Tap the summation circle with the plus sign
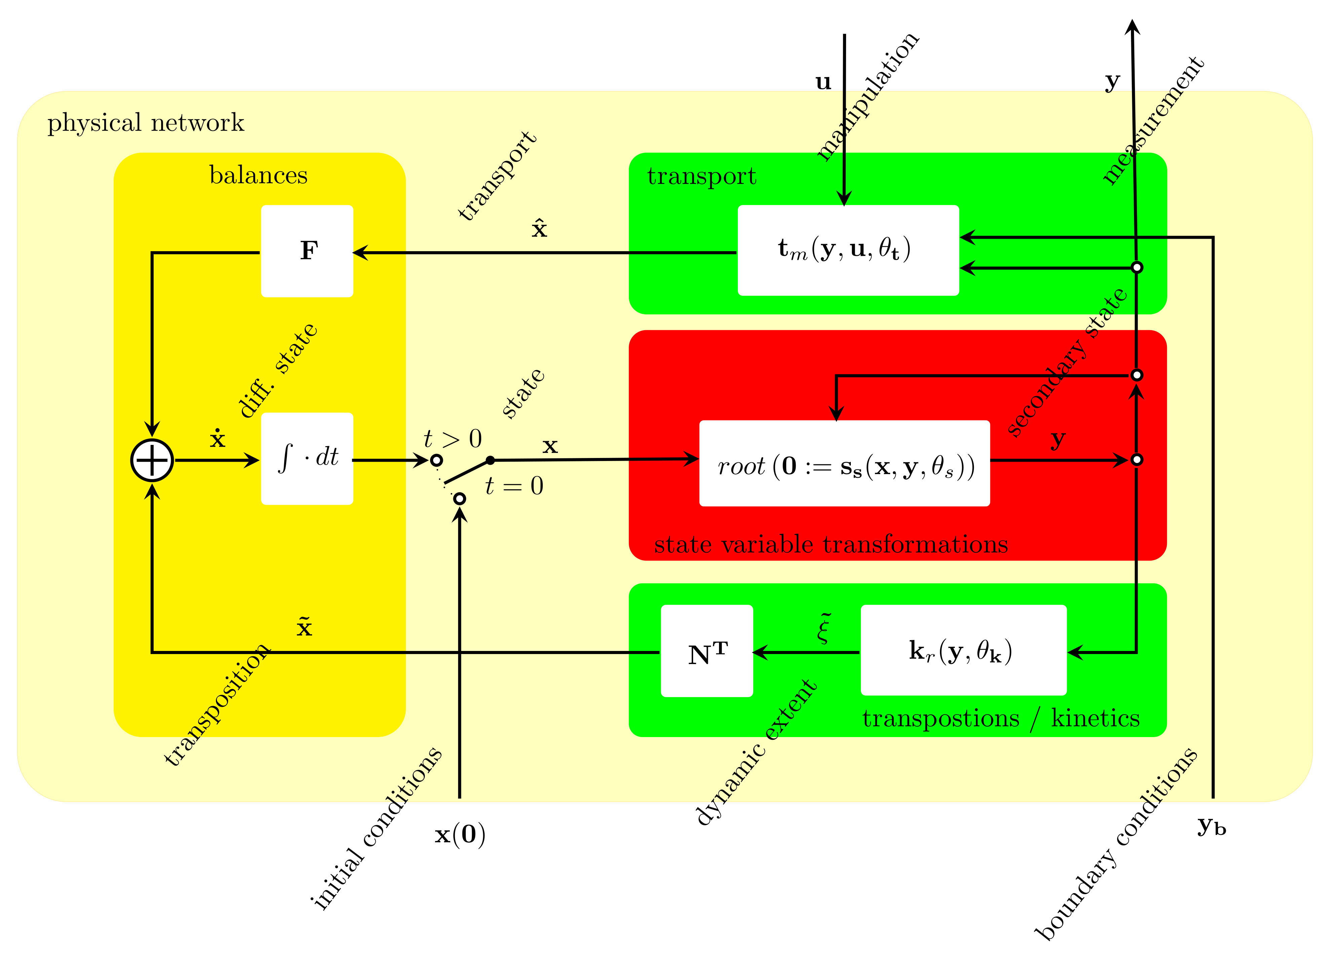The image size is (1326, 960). pos(152,460)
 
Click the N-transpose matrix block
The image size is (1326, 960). pos(707,651)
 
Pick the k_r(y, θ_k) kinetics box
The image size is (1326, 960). pos(963,650)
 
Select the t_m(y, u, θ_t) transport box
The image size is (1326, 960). pos(848,250)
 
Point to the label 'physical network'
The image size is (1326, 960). pos(146,123)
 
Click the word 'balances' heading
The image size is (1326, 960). pos(258,175)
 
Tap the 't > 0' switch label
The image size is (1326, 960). pos(453,438)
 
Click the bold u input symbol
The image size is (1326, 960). pos(823,82)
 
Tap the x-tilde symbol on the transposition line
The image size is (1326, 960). pos(304,627)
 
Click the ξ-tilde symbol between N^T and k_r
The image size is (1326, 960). pos(824,628)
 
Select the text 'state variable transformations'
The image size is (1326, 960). pos(831,545)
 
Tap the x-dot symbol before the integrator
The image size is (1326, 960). pos(218,438)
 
